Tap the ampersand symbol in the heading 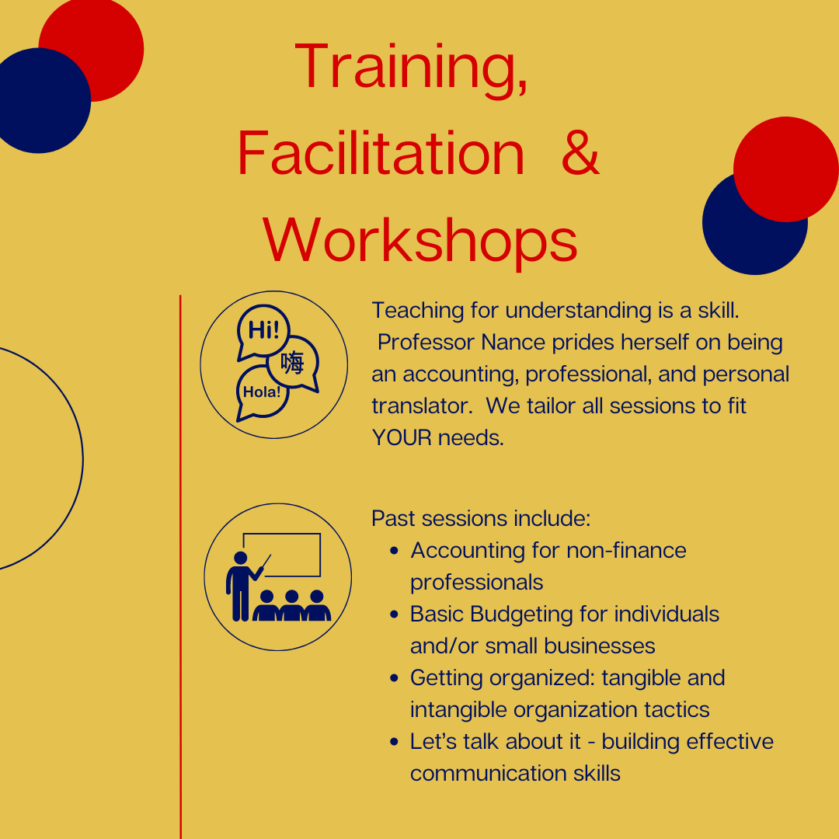point(580,153)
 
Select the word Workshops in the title point(420,239)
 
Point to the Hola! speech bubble point(262,392)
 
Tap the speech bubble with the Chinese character point(293,363)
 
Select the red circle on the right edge point(786,169)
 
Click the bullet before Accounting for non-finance point(395,551)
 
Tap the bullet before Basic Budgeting point(395,614)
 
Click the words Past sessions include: point(481,518)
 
